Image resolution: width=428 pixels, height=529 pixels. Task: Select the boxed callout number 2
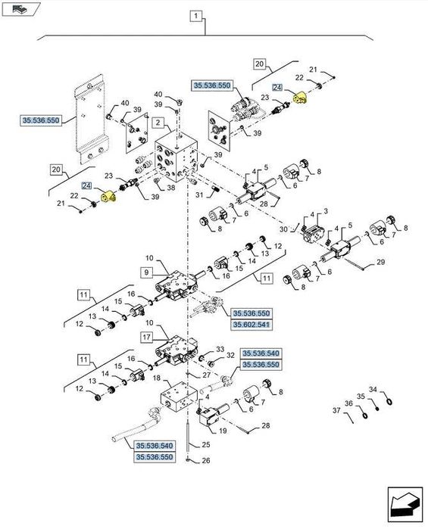[158, 123]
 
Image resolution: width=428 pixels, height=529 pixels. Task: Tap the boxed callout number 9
[146, 271]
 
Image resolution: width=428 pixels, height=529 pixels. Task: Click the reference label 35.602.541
[251, 325]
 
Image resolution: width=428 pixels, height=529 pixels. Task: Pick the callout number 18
[156, 377]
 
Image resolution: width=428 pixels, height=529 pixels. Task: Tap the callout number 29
[381, 262]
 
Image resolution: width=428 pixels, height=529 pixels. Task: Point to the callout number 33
[220, 349]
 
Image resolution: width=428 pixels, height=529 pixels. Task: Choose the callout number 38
[171, 188]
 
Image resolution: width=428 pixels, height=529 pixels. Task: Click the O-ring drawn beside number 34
[388, 401]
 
